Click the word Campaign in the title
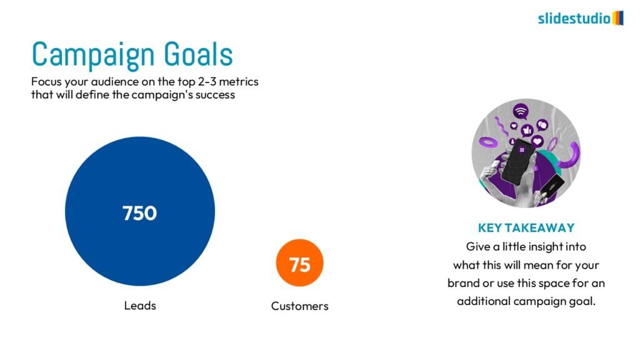click(92, 55)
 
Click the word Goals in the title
click(198, 54)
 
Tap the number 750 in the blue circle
click(139, 213)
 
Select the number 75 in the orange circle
click(300, 264)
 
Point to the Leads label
click(140, 305)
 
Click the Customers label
click(299, 306)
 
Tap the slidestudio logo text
click(574, 18)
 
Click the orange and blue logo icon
click(618, 18)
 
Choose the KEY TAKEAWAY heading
click(526, 227)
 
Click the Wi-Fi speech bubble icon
click(521, 111)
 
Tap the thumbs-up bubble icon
click(527, 130)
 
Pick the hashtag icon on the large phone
click(522, 150)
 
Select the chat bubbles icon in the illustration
click(542, 125)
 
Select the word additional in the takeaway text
click(484, 301)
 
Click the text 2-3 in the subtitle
click(207, 82)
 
